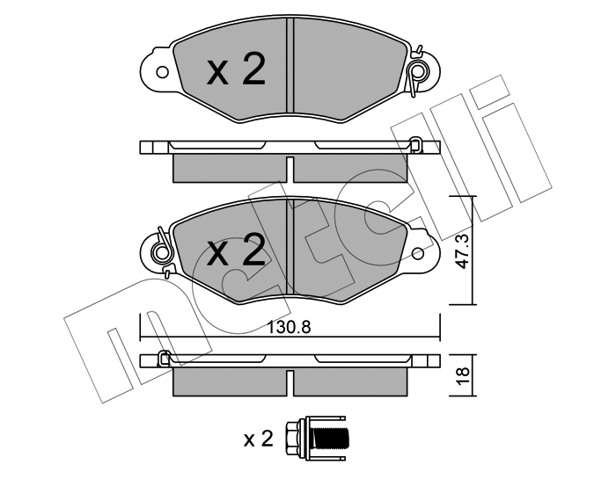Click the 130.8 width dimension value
tap(289, 327)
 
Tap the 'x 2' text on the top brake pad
tap(236, 69)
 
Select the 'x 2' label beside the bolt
tap(258, 439)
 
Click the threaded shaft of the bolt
tap(333, 439)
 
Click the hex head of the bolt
tap(293, 439)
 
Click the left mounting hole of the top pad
tap(162, 72)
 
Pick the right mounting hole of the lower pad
tap(418, 253)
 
